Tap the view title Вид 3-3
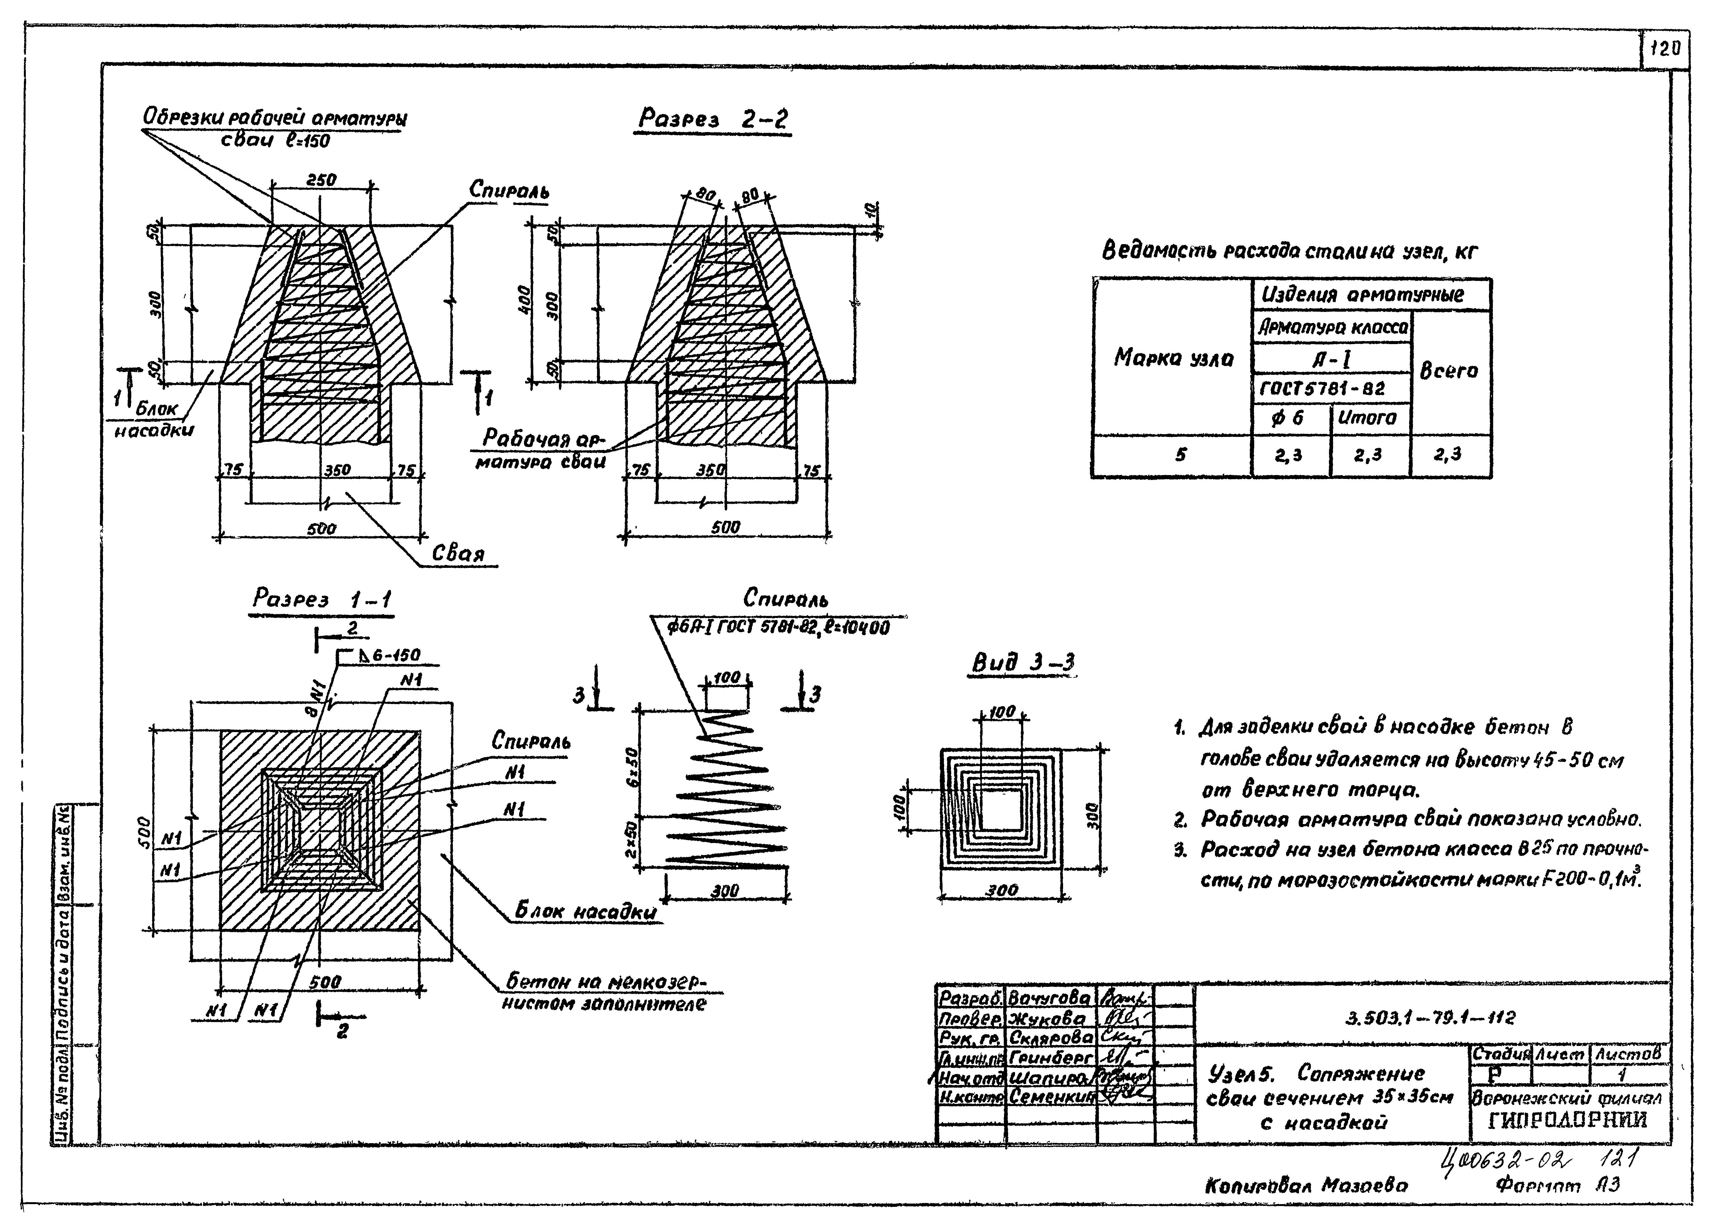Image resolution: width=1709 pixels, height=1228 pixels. point(1022,663)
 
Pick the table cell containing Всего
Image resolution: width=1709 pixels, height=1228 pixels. point(1448,371)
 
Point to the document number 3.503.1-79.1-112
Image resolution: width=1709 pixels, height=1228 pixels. point(1429,1018)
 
